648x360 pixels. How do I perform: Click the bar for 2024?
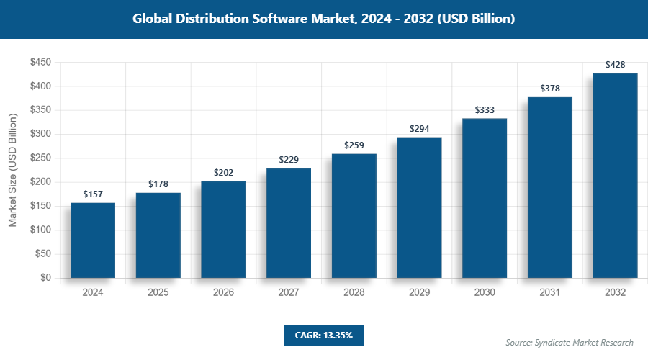click(x=93, y=240)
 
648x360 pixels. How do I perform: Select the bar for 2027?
click(x=289, y=223)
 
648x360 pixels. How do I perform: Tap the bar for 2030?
click(x=485, y=198)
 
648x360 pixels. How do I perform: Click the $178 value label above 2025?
click(x=158, y=184)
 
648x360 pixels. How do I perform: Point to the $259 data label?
click(x=354, y=145)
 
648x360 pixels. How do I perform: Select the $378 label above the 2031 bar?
click(x=550, y=89)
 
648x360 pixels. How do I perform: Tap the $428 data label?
click(x=615, y=65)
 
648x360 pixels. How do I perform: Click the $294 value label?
click(x=419, y=129)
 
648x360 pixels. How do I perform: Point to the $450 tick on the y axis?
click(x=40, y=63)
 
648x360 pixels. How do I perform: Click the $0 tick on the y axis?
click(x=45, y=278)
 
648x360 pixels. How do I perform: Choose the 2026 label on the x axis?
click(x=223, y=293)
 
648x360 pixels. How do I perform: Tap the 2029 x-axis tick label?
click(x=419, y=293)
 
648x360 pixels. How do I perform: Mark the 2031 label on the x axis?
click(x=550, y=293)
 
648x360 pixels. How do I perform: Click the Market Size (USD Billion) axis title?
click(x=12, y=170)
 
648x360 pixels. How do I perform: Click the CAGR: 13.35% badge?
click(x=324, y=335)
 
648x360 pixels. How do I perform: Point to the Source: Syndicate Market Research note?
click(x=570, y=343)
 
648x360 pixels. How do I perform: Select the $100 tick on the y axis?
click(x=40, y=230)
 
